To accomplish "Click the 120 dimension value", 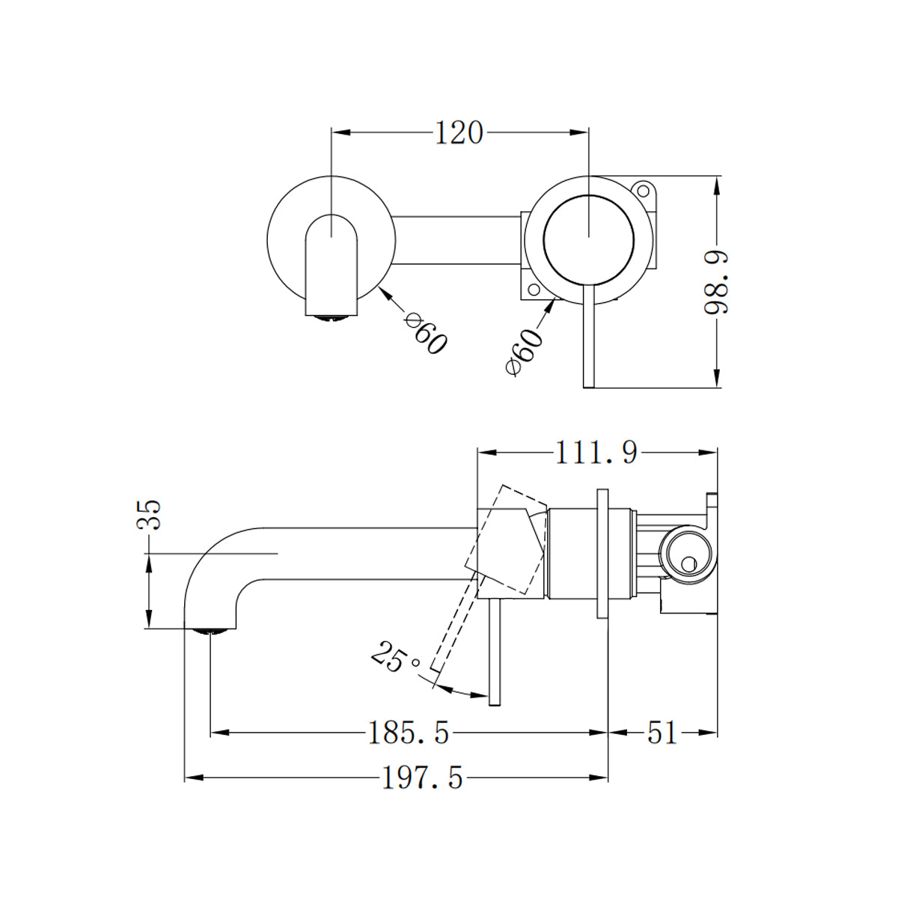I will pyautogui.click(x=459, y=133).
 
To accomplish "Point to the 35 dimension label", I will pyautogui.click(x=150, y=515).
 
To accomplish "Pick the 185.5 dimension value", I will pyautogui.click(x=409, y=733).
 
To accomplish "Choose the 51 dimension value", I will pyautogui.click(x=662, y=733).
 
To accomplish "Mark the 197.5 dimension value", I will pyautogui.click(x=423, y=779).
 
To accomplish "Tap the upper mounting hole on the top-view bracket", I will pyautogui.click(x=643, y=189).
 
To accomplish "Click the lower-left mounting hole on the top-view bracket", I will pyautogui.click(x=533, y=290).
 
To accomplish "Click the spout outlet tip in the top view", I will pyautogui.click(x=330, y=317).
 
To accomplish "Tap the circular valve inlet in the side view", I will pyautogui.click(x=685, y=555).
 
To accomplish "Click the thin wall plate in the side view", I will pyautogui.click(x=602, y=555).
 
